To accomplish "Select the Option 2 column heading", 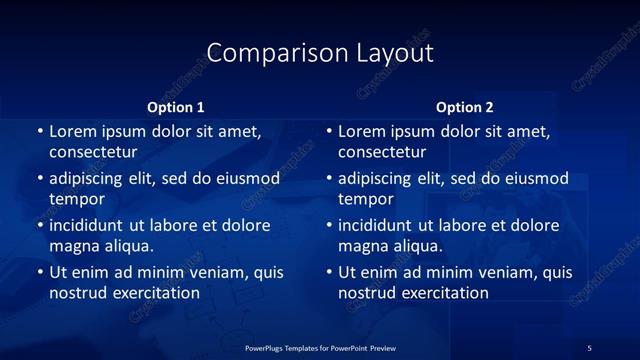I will (x=465, y=107).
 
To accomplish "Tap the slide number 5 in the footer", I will (x=589, y=347).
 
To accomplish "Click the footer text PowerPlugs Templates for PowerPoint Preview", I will (x=320, y=347).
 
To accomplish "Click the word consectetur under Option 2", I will (x=382, y=152).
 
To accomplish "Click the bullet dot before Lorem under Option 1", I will (x=40, y=131).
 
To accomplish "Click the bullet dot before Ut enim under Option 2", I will (x=329, y=272).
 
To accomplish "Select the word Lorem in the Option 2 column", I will (x=361, y=131).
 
